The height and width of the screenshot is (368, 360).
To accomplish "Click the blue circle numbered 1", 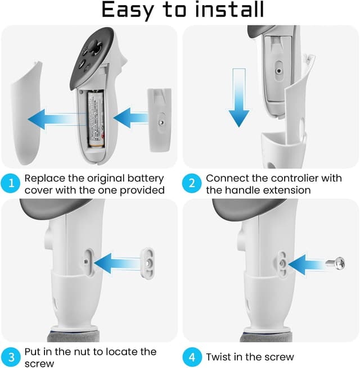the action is tap(11, 183).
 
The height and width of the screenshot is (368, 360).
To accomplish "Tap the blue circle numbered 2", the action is tap(192, 183).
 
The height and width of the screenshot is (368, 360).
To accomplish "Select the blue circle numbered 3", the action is tap(11, 357).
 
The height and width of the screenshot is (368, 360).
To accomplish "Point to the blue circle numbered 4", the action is tap(192, 357).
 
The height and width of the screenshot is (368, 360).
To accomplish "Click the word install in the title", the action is tap(229, 10).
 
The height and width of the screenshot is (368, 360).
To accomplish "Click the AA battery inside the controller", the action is tap(96, 119).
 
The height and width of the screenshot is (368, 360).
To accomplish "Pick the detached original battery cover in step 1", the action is tap(26, 113).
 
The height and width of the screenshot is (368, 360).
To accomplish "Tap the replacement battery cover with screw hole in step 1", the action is tap(160, 120).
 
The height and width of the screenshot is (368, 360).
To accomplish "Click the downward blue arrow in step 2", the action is tap(238, 98).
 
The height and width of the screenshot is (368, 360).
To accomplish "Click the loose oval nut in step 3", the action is tap(147, 263).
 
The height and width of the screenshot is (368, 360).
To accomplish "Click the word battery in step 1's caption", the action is tap(146, 179).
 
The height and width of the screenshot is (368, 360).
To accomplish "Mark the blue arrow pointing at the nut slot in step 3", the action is tap(118, 263).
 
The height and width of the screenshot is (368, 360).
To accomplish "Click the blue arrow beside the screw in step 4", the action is tap(307, 264).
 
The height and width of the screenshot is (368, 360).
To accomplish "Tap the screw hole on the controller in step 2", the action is tap(278, 71).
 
